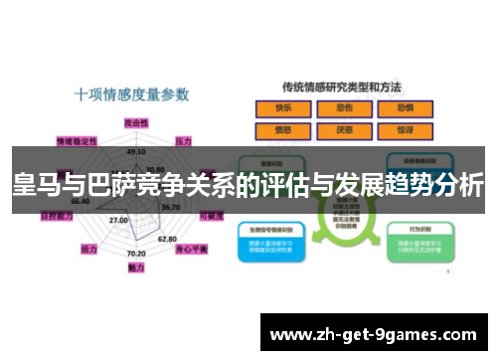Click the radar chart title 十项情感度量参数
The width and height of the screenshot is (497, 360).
tap(131, 95)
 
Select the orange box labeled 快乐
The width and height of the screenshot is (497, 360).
tap(285, 106)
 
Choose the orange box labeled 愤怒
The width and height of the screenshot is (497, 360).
tap(285, 128)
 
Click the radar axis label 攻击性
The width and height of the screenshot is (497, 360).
tap(136, 121)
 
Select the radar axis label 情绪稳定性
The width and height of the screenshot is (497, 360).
tap(77, 140)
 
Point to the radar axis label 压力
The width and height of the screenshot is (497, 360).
tap(184, 141)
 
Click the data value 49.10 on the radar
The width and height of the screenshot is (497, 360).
tap(137, 151)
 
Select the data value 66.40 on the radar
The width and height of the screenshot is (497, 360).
tap(81, 201)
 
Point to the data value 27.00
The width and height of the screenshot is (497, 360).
tap(118, 220)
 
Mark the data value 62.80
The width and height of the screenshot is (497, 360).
tap(168, 239)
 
